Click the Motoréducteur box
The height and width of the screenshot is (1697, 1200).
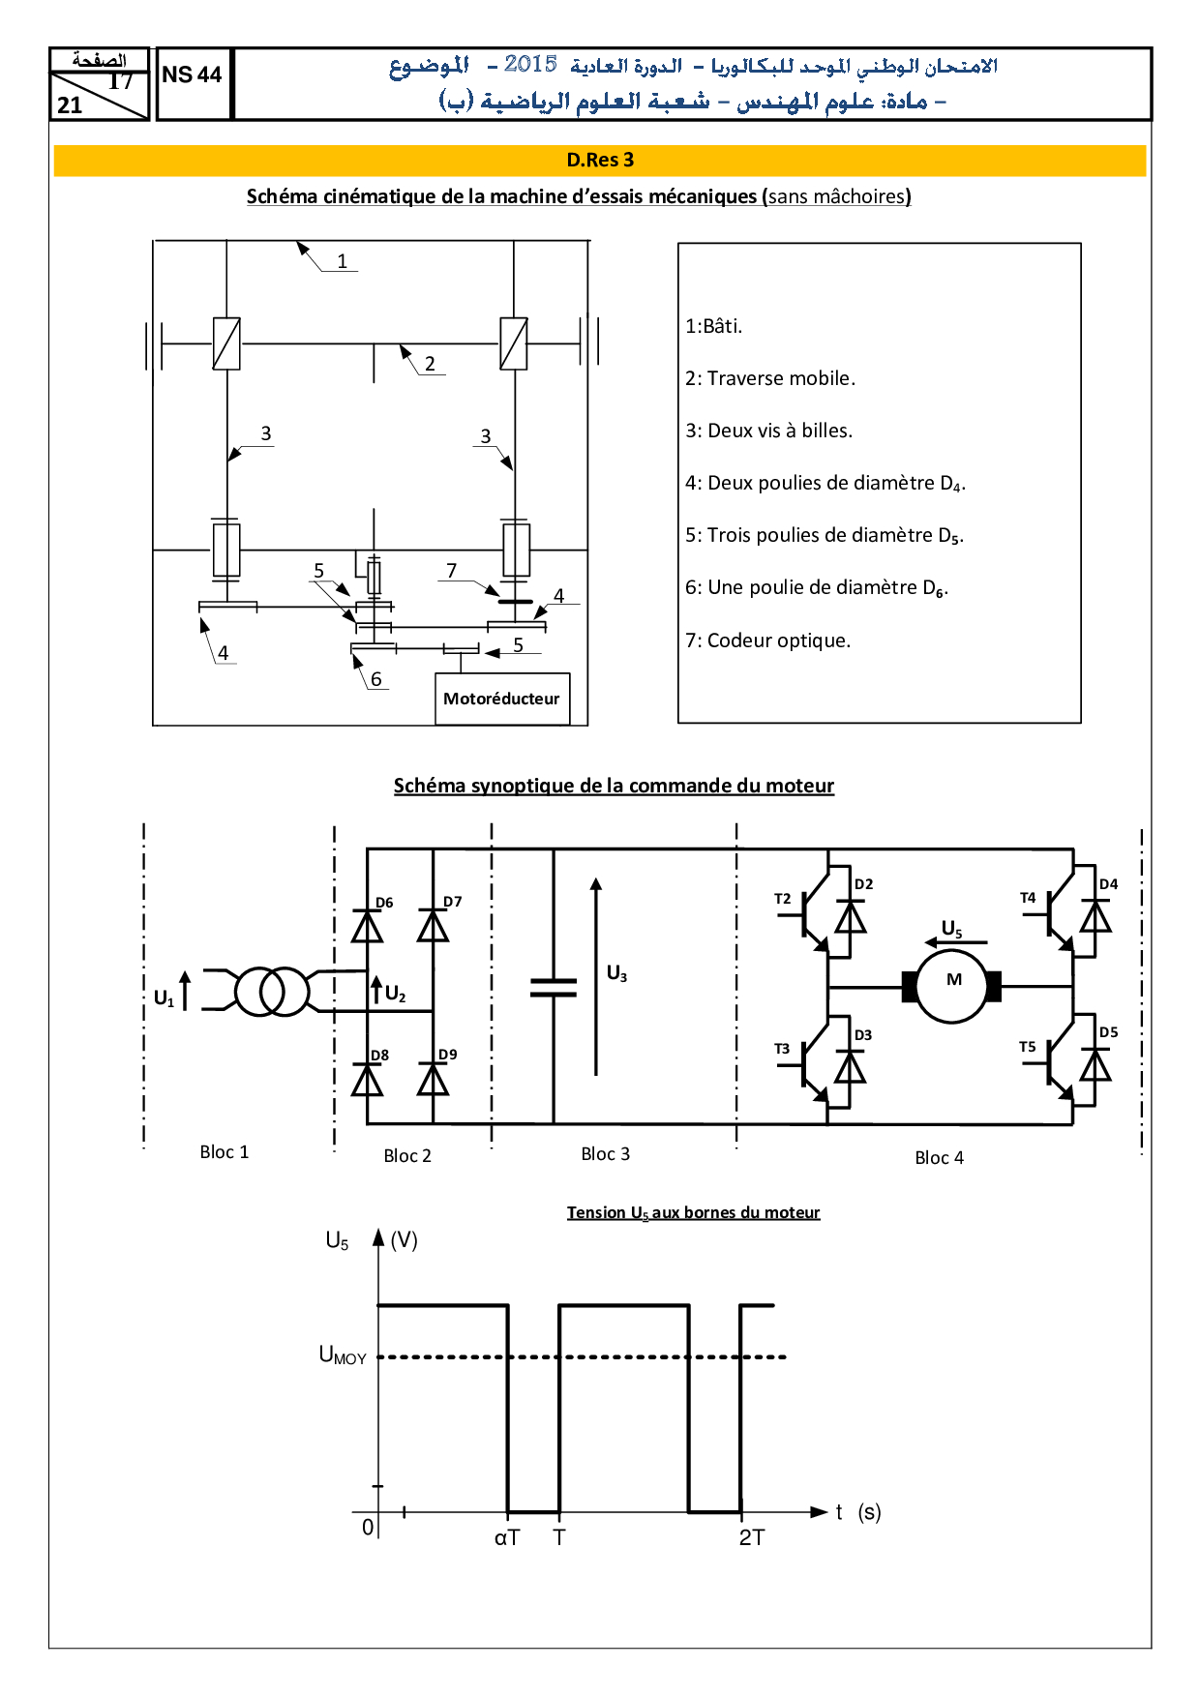tap(501, 699)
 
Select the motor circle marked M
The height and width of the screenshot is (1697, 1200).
tap(953, 986)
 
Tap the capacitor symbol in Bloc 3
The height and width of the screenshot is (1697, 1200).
tap(554, 987)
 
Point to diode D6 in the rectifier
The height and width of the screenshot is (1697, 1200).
tap(367, 926)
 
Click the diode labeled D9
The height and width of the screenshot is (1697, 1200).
tap(433, 1079)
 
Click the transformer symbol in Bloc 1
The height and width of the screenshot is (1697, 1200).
tap(272, 991)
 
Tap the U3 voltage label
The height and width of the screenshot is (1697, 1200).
tap(616, 973)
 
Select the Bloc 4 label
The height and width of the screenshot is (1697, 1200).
tap(939, 1157)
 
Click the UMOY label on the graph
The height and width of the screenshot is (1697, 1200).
tap(343, 1355)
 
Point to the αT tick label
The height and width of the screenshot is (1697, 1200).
tap(507, 1537)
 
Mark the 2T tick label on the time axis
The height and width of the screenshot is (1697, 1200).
tap(752, 1537)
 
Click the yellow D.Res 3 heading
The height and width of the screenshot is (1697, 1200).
tap(600, 161)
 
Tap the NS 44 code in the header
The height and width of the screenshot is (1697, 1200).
tap(192, 74)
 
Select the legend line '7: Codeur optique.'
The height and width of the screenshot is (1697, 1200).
tap(767, 640)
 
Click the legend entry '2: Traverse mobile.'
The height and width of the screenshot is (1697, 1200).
tap(770, 378)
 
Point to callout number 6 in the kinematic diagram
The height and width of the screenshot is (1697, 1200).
tap(376, 679)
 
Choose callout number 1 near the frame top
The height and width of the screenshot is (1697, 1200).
tap(342, 260)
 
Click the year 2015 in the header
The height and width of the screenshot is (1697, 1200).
tap(530, 65)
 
